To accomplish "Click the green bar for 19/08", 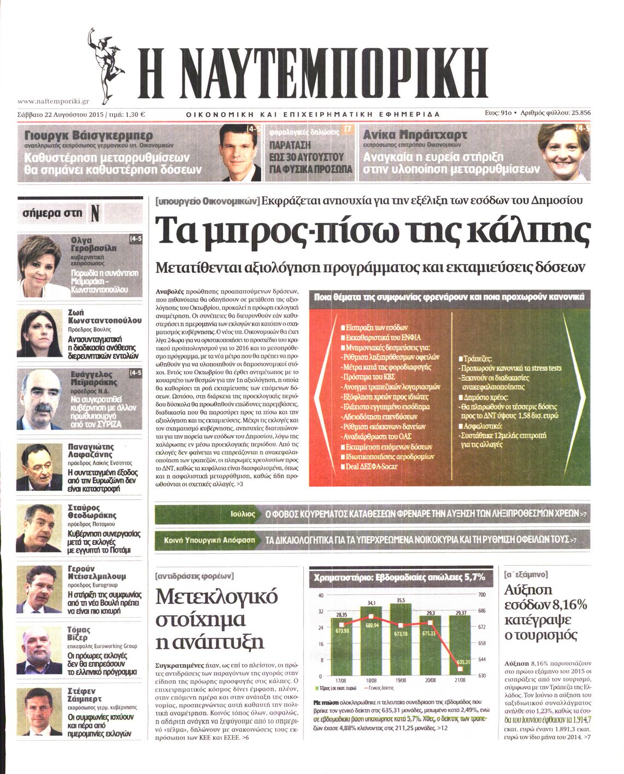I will pos(401,640).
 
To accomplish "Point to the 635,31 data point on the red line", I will pos(462,662).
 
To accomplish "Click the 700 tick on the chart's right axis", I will pos(481,595).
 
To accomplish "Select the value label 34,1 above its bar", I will pos(372,603).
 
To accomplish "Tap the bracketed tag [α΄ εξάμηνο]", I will pos(526,575).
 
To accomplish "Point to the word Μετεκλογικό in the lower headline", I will pos(217,596).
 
